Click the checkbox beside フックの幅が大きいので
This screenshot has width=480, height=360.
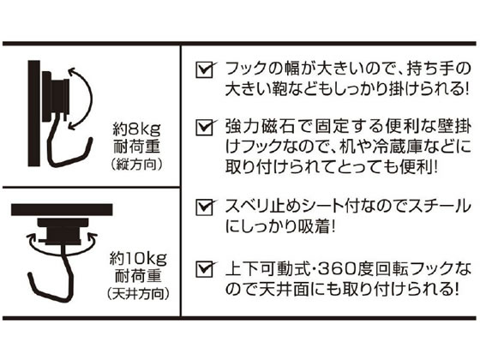pyautogui.click(x=204, y=70)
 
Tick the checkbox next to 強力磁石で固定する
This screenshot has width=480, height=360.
pyautogui.click(x=204, y=128)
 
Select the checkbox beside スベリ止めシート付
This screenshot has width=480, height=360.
pyautogui.click(x=204, y=207)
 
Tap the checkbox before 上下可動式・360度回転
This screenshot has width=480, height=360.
pyautogui.click(x=204, y=269)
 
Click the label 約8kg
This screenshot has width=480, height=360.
pyautogui.click(x=136, y=130)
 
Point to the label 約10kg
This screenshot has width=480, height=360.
pyautogui.click(x=138, y=259)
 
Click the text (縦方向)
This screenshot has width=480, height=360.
pyautogui.click(x=136, y=165)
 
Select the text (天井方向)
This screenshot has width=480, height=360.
pyautogui.click(x=138, y=294)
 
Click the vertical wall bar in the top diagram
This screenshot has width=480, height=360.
pyautogui.click(x=34, y=113)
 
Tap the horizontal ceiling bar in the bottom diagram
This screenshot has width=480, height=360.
pyautogui.click(x=62, y=210)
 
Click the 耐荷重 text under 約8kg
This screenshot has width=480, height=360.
pyautogui.click(x=137, y=147)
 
